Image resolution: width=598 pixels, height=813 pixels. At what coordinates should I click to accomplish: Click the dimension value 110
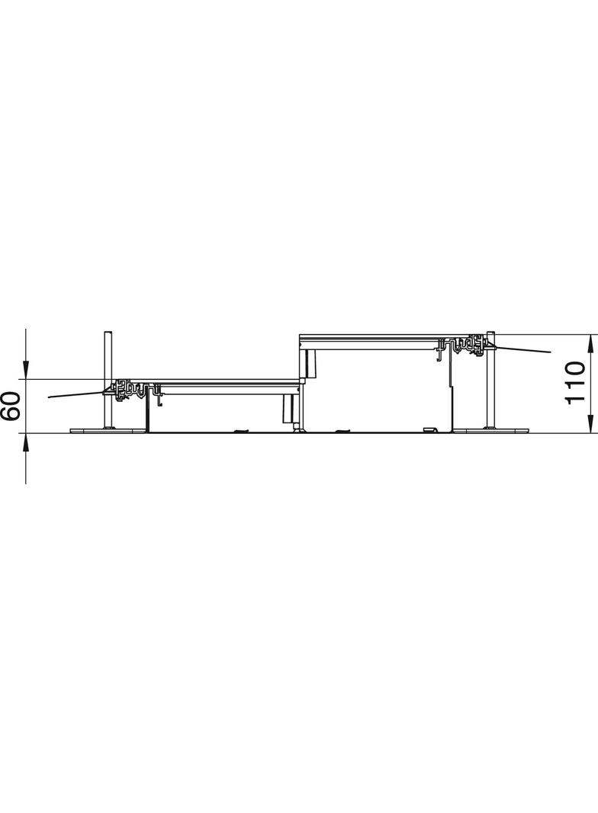[x=575, y=384]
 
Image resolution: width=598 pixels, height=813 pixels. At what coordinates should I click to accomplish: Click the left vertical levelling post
[x=107, y=379]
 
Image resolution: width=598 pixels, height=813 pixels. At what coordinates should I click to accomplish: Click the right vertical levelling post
[x=490, y=379]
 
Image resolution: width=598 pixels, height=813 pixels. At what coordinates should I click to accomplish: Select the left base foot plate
[x=108, y=430]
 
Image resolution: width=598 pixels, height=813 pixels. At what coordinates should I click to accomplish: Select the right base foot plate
[x=490, y=430]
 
